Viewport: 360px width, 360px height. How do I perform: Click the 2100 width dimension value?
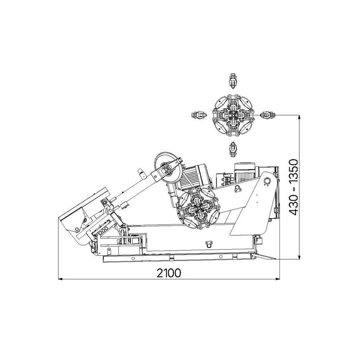[x=169, y=273]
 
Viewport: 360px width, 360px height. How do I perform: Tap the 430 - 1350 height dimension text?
[x=294, y=187]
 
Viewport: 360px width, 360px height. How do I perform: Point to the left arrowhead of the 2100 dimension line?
[x=60, y=279]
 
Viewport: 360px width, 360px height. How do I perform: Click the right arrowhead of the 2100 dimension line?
[x=278, y=279]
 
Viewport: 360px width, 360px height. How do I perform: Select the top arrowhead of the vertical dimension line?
[x=299, y=117]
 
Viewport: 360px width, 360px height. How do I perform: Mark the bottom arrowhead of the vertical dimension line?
[x=299, y=257]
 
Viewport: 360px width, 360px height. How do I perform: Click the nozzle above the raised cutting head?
[x=233, y=81]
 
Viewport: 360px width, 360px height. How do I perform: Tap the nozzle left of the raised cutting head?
[x=199, y=115]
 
